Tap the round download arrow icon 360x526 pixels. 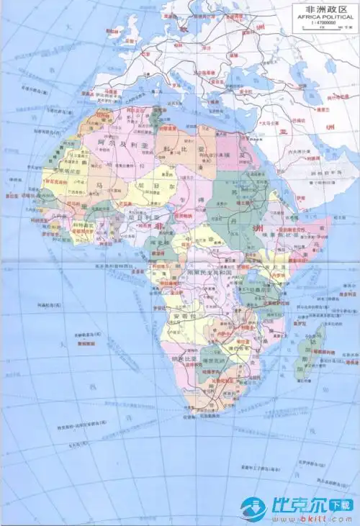click(254, 509)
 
